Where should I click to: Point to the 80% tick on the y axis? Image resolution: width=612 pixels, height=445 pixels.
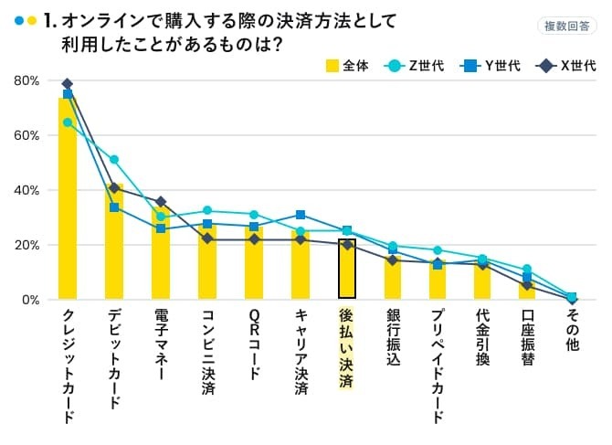click(26, 80)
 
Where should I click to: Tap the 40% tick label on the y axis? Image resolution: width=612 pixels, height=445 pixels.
click(26, 190)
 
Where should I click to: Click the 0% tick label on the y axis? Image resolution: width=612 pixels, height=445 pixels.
click(29, 300)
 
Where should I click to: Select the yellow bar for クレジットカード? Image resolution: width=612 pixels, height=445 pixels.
click(68, 201)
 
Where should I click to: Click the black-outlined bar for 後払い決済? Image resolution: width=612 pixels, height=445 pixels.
click(347, 269)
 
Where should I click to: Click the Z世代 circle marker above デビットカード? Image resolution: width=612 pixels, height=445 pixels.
click(114, 160)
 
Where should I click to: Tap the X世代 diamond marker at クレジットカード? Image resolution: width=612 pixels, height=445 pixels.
click(68, 84)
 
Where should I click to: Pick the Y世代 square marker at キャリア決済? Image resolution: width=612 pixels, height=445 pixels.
click(301, 215)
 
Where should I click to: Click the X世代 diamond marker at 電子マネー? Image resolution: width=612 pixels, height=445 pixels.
click(161, 202)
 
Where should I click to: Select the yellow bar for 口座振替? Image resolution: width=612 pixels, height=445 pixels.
click(527, 290)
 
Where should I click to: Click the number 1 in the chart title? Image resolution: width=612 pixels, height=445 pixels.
click(47, 20)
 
